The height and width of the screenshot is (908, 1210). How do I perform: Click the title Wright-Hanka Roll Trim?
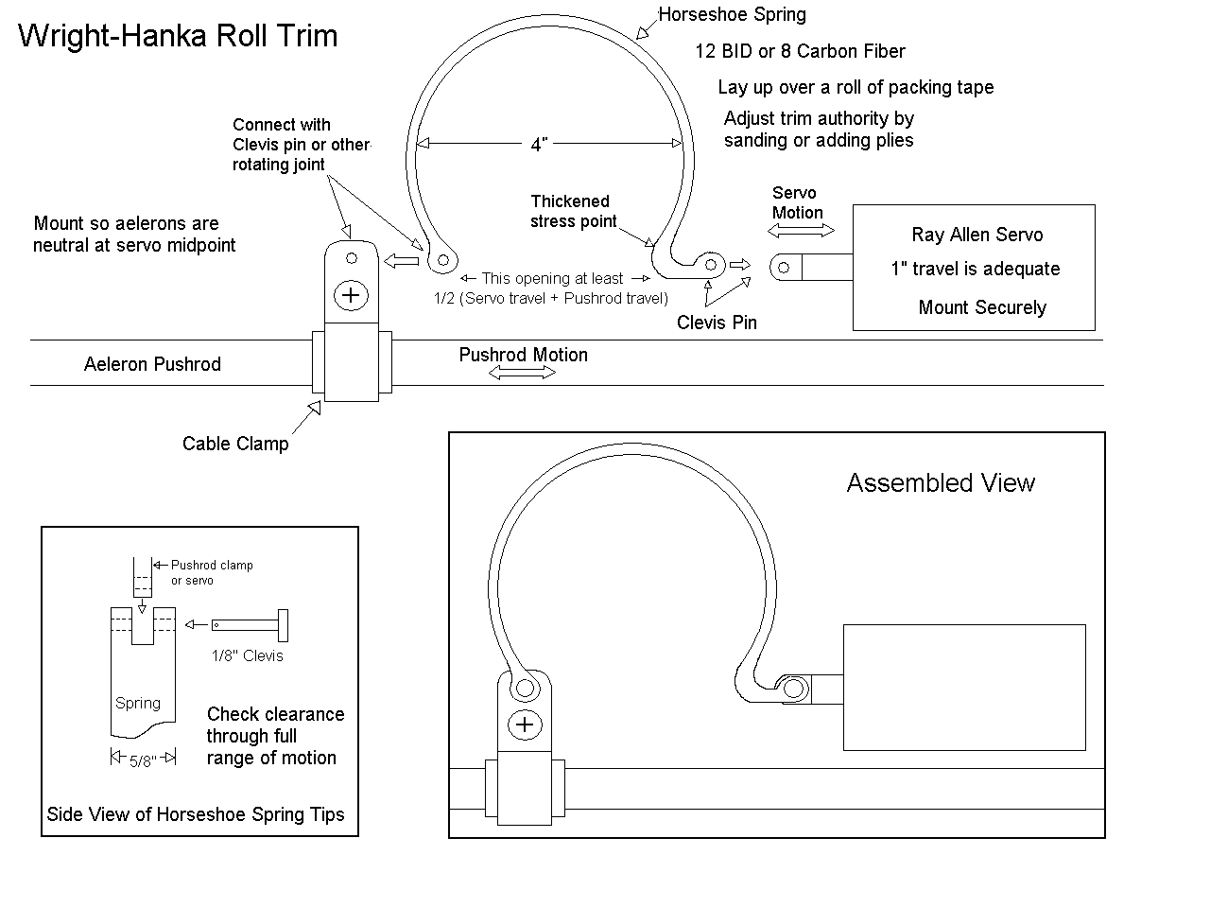(x=178, y=36)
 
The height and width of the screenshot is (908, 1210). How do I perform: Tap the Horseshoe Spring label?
(x=732, y=14)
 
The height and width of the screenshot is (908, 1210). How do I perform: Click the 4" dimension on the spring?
(x=539, y=145)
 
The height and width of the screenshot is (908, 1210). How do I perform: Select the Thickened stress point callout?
(x=573, y=211)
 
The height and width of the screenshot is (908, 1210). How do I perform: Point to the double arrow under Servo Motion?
(x=801, y=231)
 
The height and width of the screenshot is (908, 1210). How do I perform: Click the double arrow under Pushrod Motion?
(x=522, y=374)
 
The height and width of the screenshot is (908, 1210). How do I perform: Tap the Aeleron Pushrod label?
(x=152, y=364)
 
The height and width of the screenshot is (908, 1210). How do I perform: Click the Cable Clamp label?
(x=235, y=444)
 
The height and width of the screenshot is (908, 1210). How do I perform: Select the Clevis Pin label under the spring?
(x=717, y=323)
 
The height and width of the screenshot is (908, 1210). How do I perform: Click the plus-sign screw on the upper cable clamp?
(x=351, y=295)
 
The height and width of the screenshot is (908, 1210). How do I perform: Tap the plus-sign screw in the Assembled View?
(x=525, y=725)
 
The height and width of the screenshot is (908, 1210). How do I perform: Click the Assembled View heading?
(x=941, y=483)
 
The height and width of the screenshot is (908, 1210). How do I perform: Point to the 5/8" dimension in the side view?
(x=143, y=760)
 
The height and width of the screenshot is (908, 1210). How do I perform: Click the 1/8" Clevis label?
(x=247, y=655)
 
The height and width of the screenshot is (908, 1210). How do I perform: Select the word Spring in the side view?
(x=138, y=704)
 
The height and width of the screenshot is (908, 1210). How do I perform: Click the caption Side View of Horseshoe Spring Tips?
(x=195, y=814)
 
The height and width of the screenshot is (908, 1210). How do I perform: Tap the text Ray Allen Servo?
(x=977, y=235)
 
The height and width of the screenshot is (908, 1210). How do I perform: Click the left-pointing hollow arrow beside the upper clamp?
(x=402, y=260)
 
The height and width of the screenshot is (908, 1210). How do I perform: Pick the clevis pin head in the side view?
(x=283, y=625)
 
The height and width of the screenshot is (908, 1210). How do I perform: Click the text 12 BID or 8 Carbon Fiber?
(x=800, y=51)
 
